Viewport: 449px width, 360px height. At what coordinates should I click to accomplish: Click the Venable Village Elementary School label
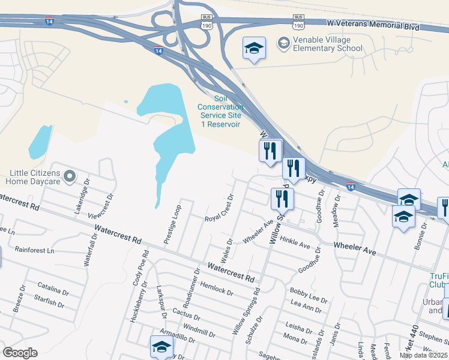point(327,44)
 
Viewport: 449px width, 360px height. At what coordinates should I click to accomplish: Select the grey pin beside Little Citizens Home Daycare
point(70,176)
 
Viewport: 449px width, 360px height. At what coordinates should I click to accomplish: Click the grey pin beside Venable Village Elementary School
point(283,43)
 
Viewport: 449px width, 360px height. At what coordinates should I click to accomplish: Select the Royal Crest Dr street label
point(219,207)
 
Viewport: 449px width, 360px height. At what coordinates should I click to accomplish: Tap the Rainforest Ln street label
point(34,250)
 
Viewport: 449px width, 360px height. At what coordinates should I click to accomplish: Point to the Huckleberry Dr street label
point(136,305)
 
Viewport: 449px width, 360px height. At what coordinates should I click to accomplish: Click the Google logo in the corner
point(20,353)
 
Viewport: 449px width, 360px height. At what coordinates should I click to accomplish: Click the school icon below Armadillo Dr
point(161,347)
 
